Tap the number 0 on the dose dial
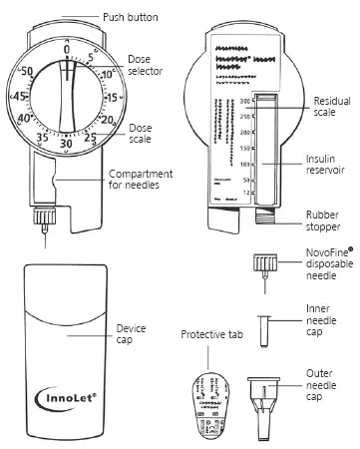click(x=67, y=49)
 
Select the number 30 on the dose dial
click(x=66, y=143)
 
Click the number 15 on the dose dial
click(x=111, y=97)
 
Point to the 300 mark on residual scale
click(x=242, y=102)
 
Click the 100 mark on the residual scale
click(x=242, y=162)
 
